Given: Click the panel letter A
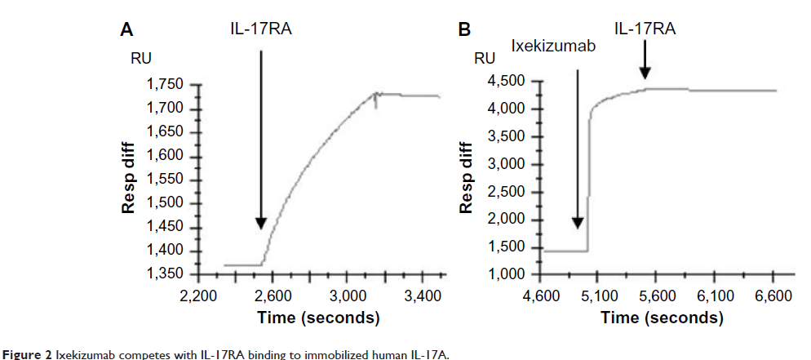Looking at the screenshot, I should point(126,30).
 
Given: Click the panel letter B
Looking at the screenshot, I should point(464,30).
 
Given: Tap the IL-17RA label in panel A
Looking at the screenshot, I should point(259,30).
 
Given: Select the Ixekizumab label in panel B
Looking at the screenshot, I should point(553,46).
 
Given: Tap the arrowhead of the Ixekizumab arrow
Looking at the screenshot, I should point(577,222).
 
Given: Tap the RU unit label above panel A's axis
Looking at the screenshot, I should point(141,59).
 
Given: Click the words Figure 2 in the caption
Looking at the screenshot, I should point(24,353).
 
